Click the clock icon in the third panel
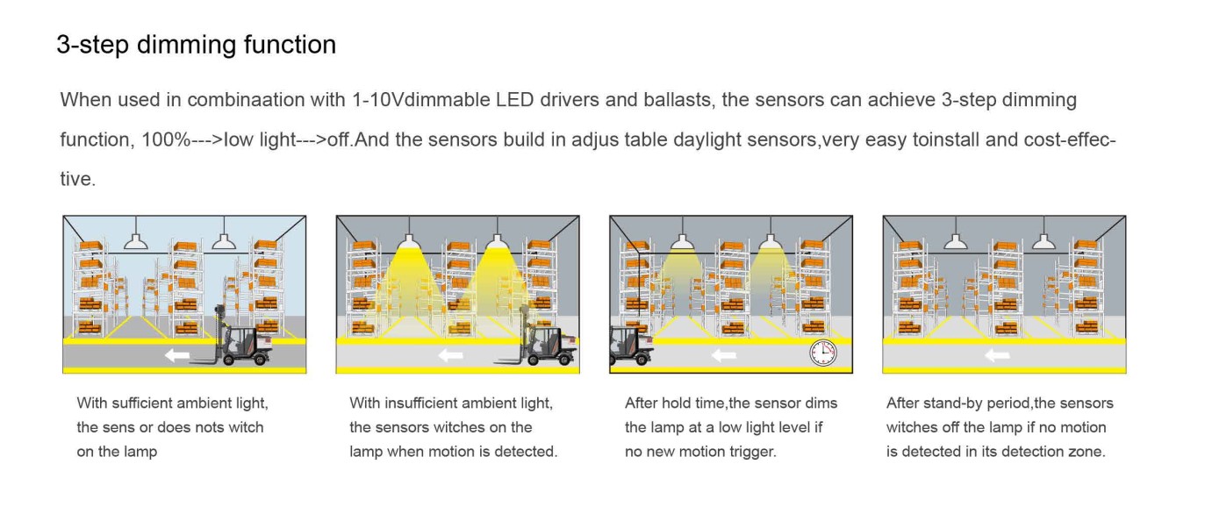pos(823,353)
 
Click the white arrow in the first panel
pos(177,355)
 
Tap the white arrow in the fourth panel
pos(997,355)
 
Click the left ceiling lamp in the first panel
pos(136,241)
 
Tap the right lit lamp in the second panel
pos(497,241)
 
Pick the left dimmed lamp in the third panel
pos(683,241)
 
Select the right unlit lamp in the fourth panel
pos(1044,241)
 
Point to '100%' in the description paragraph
pos(166,139)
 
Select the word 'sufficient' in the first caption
pos(142,403)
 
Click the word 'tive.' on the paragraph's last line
pos(78,179)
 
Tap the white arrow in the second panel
pos(451,355)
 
